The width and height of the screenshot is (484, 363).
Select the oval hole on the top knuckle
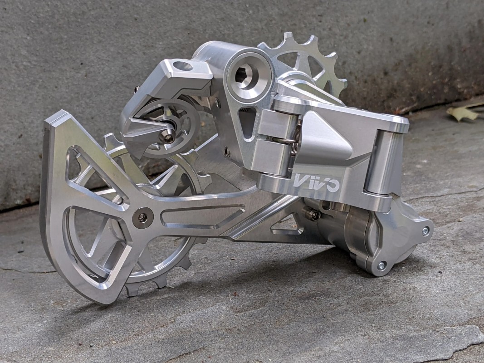click(183, 66)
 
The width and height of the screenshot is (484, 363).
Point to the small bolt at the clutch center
click(168, 136)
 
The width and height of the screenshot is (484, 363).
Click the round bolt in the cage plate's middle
click(142, 218)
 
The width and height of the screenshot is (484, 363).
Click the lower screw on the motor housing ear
click(382, 265)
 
